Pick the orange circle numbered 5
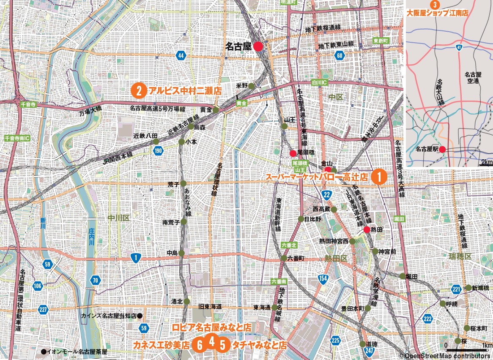click(x=222, y=345)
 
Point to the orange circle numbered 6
click(x=199, y=345)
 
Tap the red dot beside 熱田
click(x=367, y=229)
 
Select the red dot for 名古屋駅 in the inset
click(x=442, y=149)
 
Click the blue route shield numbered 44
click(x=181, y=56)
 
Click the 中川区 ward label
click(x=115, y=218)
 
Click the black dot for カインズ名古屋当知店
click(x=140, y=316)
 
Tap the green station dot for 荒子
click(x=183, y=183)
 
